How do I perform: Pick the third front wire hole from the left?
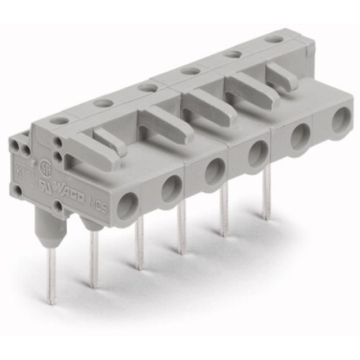pos(215,170)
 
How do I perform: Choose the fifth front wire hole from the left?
pos(300,133)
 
